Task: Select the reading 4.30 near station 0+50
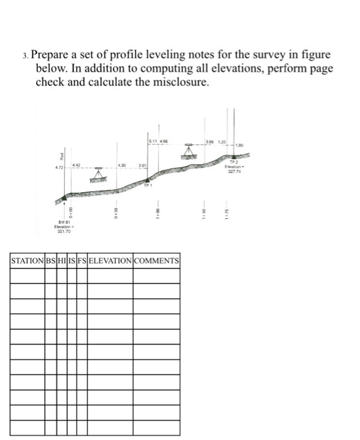pos(124,166)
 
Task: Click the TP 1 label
pos(148,185)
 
